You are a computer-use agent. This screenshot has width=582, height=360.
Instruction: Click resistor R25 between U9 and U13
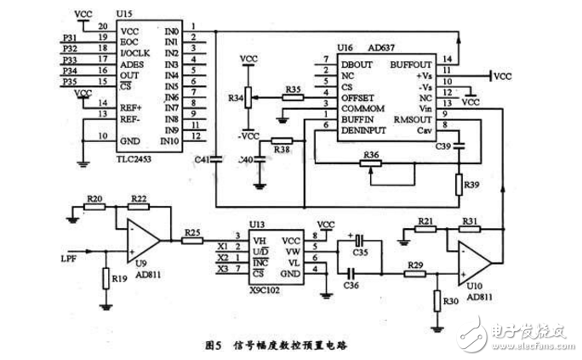192,241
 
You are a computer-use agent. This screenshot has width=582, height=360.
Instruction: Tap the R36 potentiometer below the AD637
370,163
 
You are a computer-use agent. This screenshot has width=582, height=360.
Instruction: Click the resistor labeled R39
459,184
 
